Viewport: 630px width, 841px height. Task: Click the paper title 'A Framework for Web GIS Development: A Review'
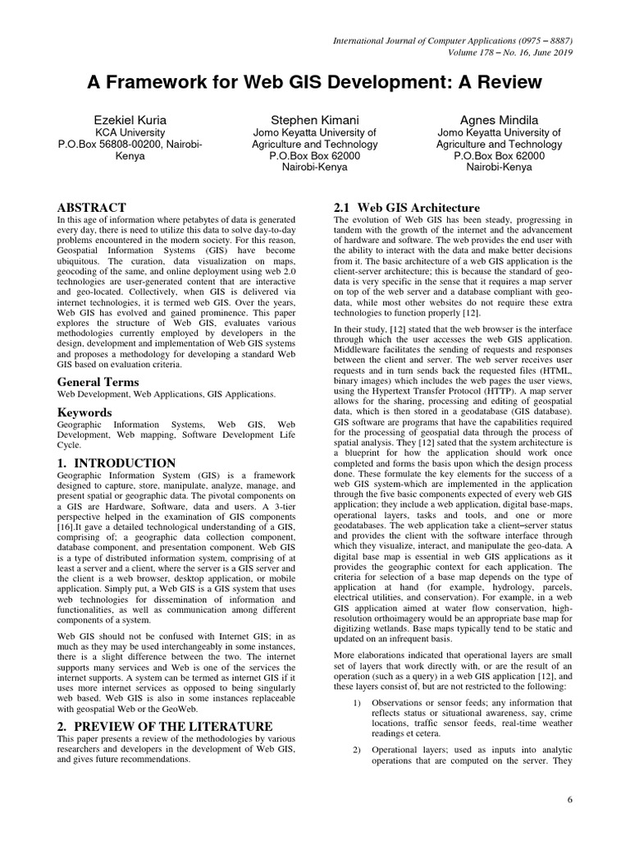pyautogui.click(x=315, y=83)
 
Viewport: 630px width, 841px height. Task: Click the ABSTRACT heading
pyautogui.click(x=91, y=208)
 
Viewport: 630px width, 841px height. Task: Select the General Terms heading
pyautogui.click(x=98, y=382)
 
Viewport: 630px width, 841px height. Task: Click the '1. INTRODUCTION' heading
pyautogui.click(x=116, y=463)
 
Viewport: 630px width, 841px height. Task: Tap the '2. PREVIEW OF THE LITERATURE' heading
pyautogui.click(x=164, y=726)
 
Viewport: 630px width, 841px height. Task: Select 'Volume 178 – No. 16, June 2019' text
pyautogui.click(x=503, y=53)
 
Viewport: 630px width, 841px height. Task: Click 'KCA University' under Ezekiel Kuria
pyautogui.click(x=130, y=131)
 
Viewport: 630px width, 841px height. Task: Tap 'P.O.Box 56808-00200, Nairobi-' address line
pyautogui.click(x=130, y=144)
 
